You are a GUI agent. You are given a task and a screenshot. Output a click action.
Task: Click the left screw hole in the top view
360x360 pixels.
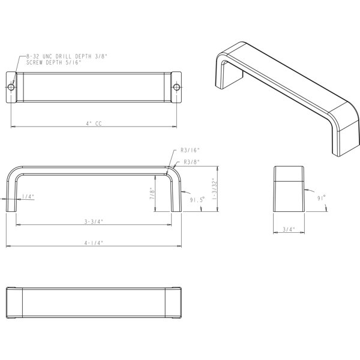tap(11, 87)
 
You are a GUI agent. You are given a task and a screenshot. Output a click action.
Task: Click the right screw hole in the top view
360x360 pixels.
tap(176, 87)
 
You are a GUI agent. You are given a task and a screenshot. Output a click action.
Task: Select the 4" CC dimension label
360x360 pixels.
tap(94, 124)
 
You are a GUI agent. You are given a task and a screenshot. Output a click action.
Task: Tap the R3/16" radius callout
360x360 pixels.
tap(190, 150)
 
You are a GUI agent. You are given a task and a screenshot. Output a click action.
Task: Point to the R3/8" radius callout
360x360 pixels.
tap(192, 162)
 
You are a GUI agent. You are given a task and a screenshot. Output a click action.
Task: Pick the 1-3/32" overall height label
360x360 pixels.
tap(214, 188)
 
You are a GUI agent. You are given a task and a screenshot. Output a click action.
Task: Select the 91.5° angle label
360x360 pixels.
tap(197, 200)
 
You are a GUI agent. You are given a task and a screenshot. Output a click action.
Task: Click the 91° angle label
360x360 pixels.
tap(322, 198)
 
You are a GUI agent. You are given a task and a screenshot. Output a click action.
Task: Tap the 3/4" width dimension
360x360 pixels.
tap(289, 229)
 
